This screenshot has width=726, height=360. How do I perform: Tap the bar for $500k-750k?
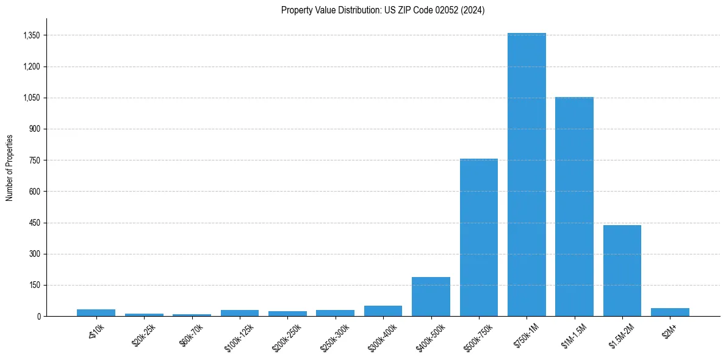pos(479,237)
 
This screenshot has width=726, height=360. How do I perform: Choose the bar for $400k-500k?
pos(431,297)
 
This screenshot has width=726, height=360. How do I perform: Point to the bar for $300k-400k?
pos(383,311)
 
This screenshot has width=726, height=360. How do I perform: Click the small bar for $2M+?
pos(670,312)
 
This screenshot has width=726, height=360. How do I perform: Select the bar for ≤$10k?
pos(96,312)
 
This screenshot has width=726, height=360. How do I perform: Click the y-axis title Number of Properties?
pos(9,167)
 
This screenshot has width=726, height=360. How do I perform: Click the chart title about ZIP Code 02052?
pos(383,10)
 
